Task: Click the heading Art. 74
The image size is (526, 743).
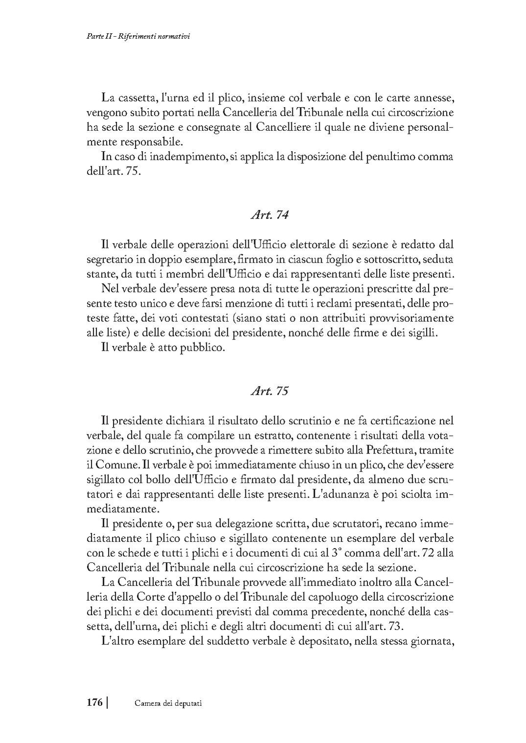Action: pyautogui.click(x=269, y=215)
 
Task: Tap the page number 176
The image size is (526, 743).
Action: pyautogui.click(x=94, y=702)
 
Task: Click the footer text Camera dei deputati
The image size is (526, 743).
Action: pyautogui.click(x=168, y=703)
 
